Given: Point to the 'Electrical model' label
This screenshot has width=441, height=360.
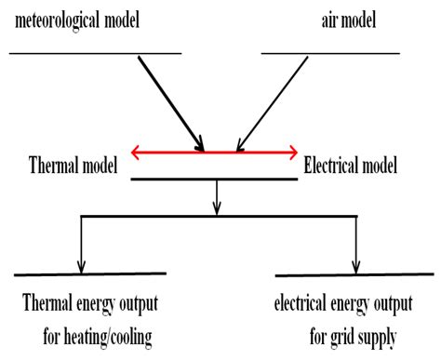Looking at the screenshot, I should [351, 167].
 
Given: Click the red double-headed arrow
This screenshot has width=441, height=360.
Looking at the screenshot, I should [215, 151].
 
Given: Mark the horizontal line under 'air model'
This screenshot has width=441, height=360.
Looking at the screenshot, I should [330, 52].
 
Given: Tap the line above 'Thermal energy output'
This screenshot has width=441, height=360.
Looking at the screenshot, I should [90, 274].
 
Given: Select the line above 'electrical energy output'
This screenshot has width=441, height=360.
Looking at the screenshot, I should [354, 275].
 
